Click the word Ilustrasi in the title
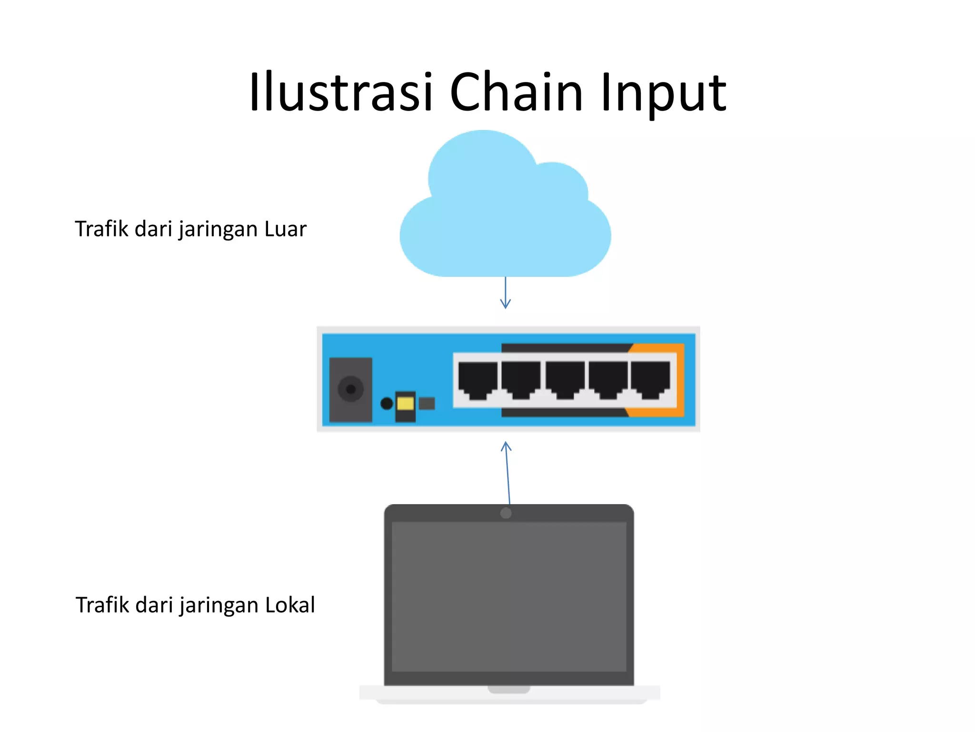[340, 91]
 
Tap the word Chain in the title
[516, 91]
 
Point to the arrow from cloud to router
[506, 293]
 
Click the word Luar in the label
[285, 229]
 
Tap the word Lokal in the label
[290, 605]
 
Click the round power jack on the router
[351, 389]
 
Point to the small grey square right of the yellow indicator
[427, 404]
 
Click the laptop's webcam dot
[506, 513]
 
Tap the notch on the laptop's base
[508, 690]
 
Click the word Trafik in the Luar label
[101, 229]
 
